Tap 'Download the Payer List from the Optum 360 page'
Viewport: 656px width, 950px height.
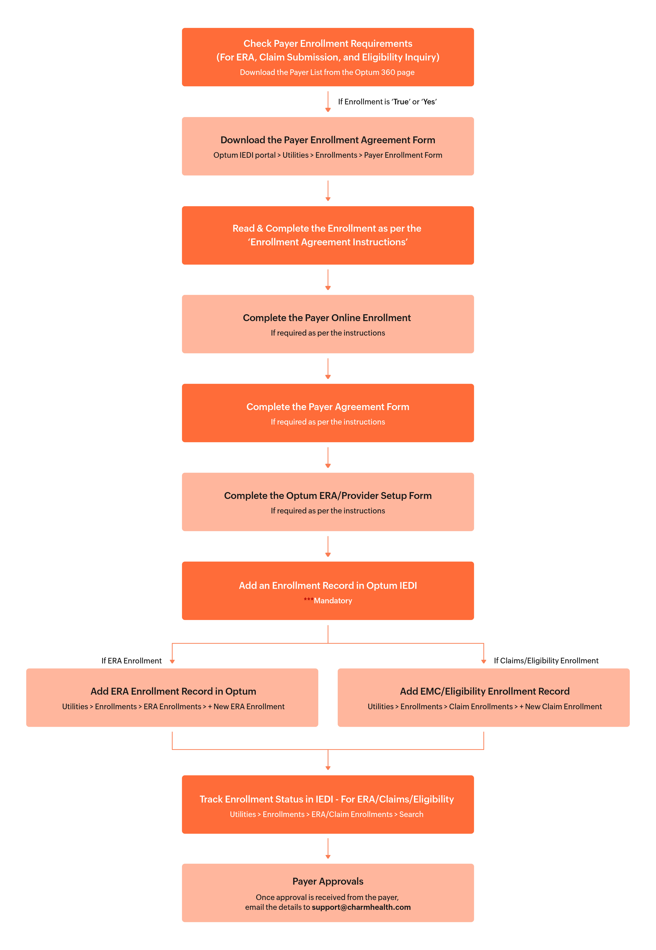[x=327, y=72]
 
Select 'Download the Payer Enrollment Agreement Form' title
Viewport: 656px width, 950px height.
[x=328, y=140]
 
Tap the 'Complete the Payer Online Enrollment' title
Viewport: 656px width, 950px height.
[x=327, y=318]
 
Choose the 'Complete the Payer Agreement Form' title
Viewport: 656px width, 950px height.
[x=328, y=407]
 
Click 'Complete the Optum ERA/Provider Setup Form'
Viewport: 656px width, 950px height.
[x=328, y=496]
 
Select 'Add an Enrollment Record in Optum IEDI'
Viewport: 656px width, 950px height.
[x=328, y=586]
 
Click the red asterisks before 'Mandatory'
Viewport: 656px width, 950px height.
[x=308, y=599]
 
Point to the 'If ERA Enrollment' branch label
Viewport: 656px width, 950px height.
[x=132, y=661]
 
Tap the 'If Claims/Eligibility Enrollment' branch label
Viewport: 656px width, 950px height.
[x=546, y=661]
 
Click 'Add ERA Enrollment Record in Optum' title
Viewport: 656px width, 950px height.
[x=173, y=692]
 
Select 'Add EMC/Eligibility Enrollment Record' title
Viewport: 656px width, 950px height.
[x=485, y=692]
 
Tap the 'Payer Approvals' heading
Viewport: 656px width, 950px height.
[x=328, y=881]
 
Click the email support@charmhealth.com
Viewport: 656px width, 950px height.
[x=361, y=907]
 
